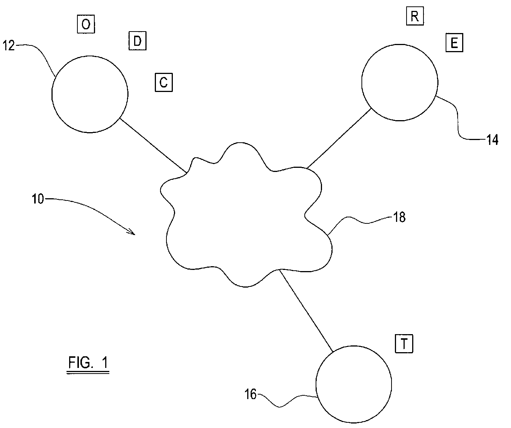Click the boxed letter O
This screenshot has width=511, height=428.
[x=86, y=24]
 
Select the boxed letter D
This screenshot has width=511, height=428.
[x=138, y=41]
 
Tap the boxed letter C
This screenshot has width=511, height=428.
[x=164, y=83]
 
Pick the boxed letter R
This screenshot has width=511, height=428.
[x=415, y=16]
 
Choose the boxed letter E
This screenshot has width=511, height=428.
[x=454, y=42]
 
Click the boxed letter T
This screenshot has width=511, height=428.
[x=404, y=344]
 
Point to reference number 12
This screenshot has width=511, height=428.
[x=9, y=45]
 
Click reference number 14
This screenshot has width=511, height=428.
[x=492, y=140]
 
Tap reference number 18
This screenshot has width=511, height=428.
[x=399, y=217]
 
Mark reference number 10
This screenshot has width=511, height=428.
[x=38, y=199]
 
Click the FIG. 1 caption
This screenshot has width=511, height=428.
[x=88, y=363]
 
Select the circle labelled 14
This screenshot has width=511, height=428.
[x=362, y=83]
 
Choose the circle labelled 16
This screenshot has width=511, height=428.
[x=316, y=384]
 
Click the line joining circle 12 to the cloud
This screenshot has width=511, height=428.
[x=153, y=145]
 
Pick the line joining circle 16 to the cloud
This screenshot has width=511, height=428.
[x=306, y=310]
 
